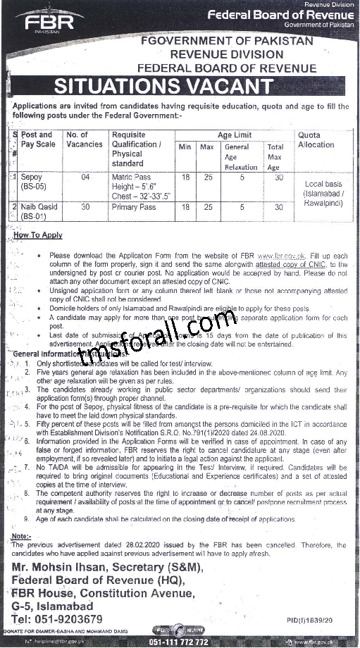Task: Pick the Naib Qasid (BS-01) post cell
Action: tap(39, 211)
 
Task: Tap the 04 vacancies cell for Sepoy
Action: tap(85, 177)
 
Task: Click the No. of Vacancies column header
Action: tap(85, 139)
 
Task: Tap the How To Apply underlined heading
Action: tap(42, 235)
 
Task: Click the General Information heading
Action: tap(42, 353)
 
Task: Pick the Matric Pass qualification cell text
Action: tap(131, 177)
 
